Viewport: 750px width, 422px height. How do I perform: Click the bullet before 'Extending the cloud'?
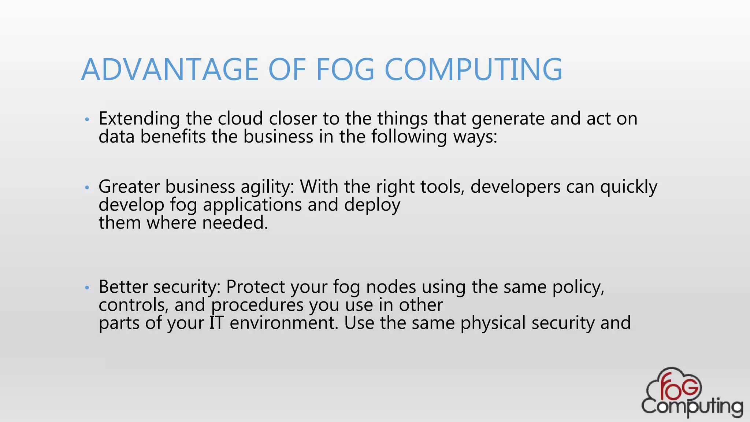click(87, 119)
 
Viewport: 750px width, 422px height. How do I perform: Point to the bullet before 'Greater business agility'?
click(87, 188)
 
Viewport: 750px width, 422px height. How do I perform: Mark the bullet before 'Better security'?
click(87, 288)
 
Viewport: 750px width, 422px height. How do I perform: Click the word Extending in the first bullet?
click(139, 119)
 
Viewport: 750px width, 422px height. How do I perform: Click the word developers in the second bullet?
click(515, 187)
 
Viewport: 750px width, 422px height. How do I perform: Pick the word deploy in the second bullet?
click(372, 205)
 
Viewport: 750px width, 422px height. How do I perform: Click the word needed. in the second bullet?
click(235, 223)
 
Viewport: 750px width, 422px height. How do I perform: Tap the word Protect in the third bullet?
click(255, 287)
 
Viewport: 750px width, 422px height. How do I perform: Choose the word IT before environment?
click(216, 323)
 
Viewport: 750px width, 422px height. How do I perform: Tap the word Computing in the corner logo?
click(692, 407)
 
